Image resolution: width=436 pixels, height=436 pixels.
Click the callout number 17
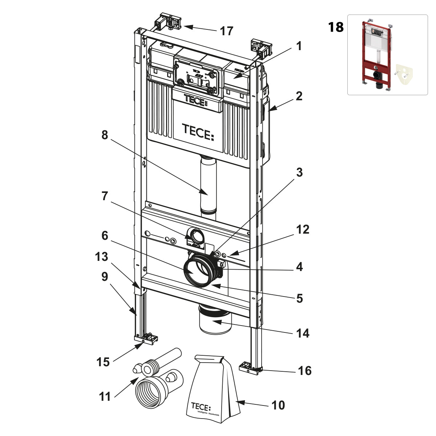pyautogui.click(x=226, y=31)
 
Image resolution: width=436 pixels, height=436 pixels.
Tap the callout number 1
pyautogui.click(x=299, y=46)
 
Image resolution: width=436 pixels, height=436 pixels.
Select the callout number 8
pyautogui.click(x=105, y=135)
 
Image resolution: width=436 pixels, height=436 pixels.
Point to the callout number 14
pyautogui.click(x=302, y=333)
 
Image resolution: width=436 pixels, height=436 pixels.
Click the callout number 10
pyautogui.click(x=278, y=405)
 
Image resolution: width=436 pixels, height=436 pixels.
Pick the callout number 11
pyautogui.click(x=105, y=396)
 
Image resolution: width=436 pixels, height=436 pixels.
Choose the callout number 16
pyautogui.click(x=304, y=371)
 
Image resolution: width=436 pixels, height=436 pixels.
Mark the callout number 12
pyautogui.click(x=302, y=229)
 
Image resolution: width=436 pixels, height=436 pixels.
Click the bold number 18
pyautogui.click(x=336, y=27)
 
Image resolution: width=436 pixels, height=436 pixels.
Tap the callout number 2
pyautogui.click(x=299, y=96)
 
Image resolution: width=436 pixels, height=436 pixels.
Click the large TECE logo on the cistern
pyautogui.click(x=198, y=132)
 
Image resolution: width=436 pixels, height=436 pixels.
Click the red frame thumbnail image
pyautogui.click(x=387, y=54)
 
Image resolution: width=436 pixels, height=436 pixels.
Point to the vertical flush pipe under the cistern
pyautogui.click(x=208, y=185)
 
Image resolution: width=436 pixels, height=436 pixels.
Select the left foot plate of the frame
pyautogui.click(x=146, y=339)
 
